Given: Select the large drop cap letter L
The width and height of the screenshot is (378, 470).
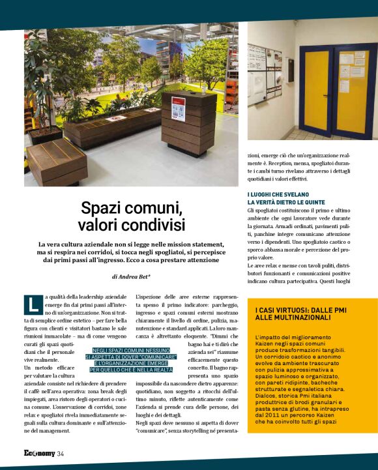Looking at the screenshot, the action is (x=33, y=304).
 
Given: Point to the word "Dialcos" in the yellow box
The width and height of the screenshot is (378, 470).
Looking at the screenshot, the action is (x=267, y=394).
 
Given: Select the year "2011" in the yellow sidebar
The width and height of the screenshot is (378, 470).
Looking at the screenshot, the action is (x=271, y=413).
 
